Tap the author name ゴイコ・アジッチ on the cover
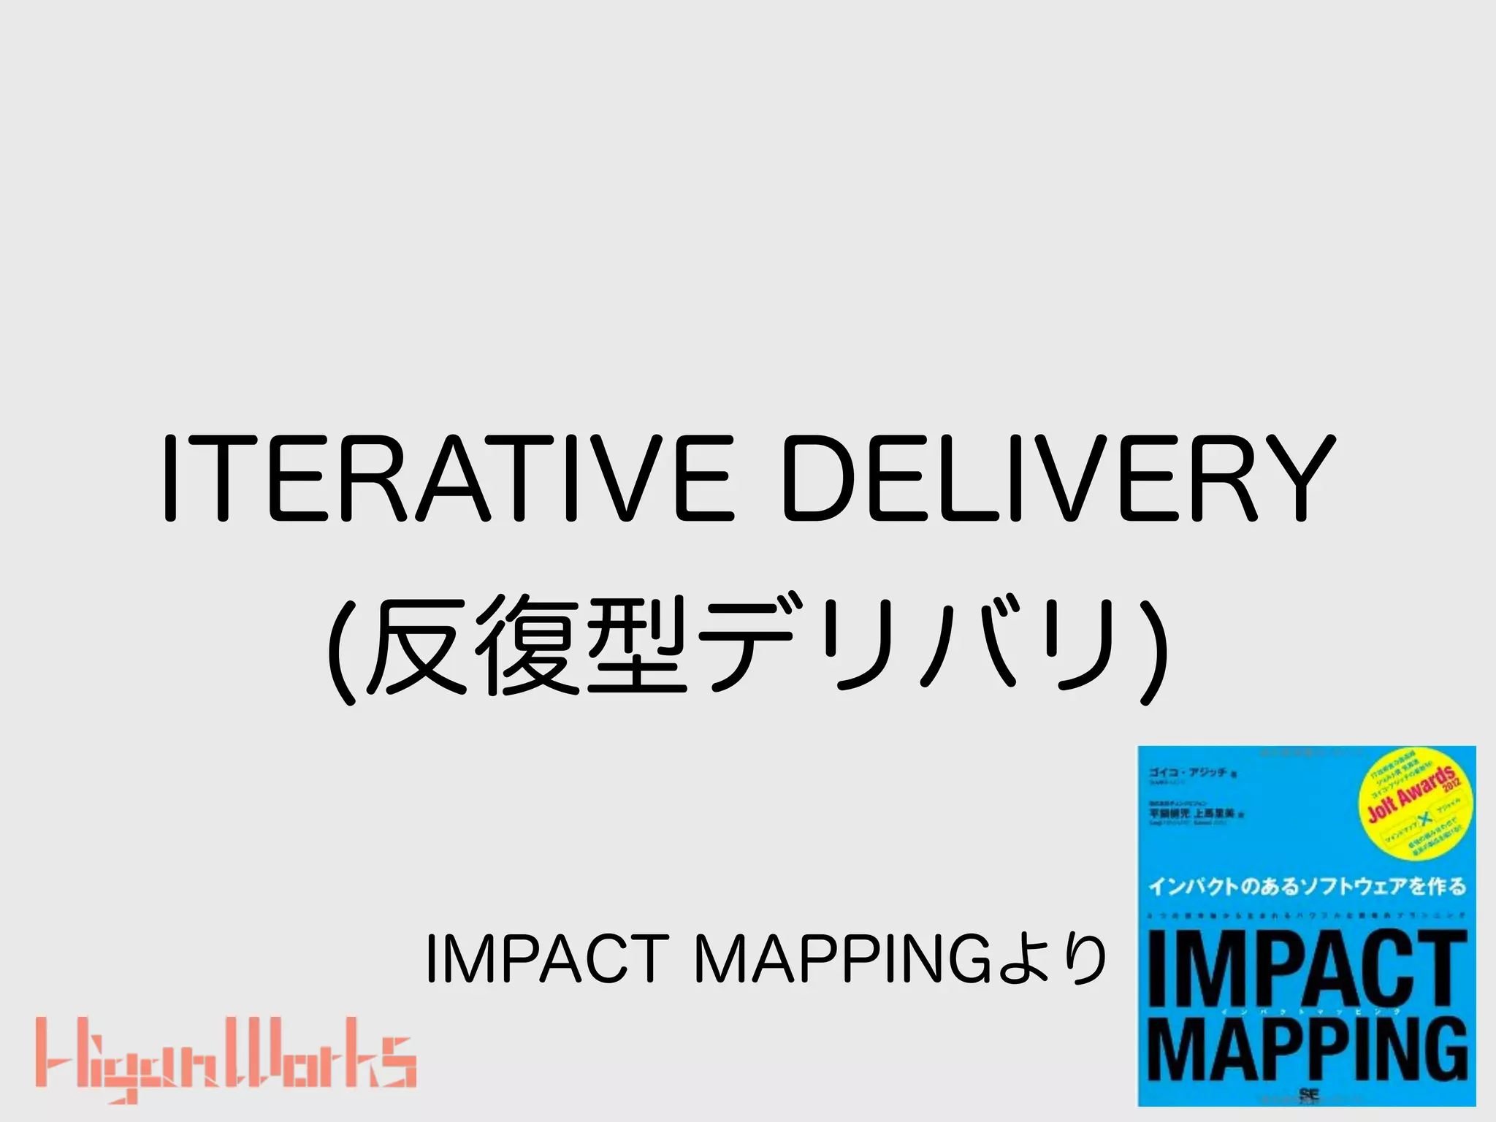1188,772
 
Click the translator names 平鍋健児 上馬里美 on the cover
1191,813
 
